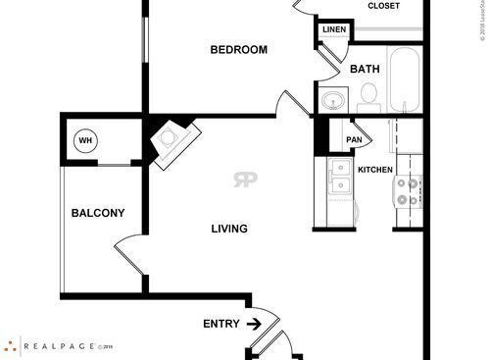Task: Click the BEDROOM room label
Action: click(x=239, y=49)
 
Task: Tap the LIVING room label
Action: click(x=229, y=230)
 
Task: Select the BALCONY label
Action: click(x=97, y=213)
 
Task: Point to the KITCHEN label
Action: click(x=375, y=170)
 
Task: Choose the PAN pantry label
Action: click(x=354, y=140)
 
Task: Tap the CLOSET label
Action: click(x=383, y=6)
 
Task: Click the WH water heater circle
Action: click(x=85, y=141)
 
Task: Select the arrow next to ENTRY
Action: click(x=253, y=323)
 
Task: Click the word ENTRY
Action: click(x=220, y=324)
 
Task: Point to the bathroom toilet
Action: click(x=369, y=93)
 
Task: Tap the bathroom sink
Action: click(x=334, y=99)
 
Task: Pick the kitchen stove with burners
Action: click(x=407, y=189)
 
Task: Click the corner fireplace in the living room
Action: click(x=173, y=137)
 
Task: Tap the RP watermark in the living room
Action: click(x=245, y=180)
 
